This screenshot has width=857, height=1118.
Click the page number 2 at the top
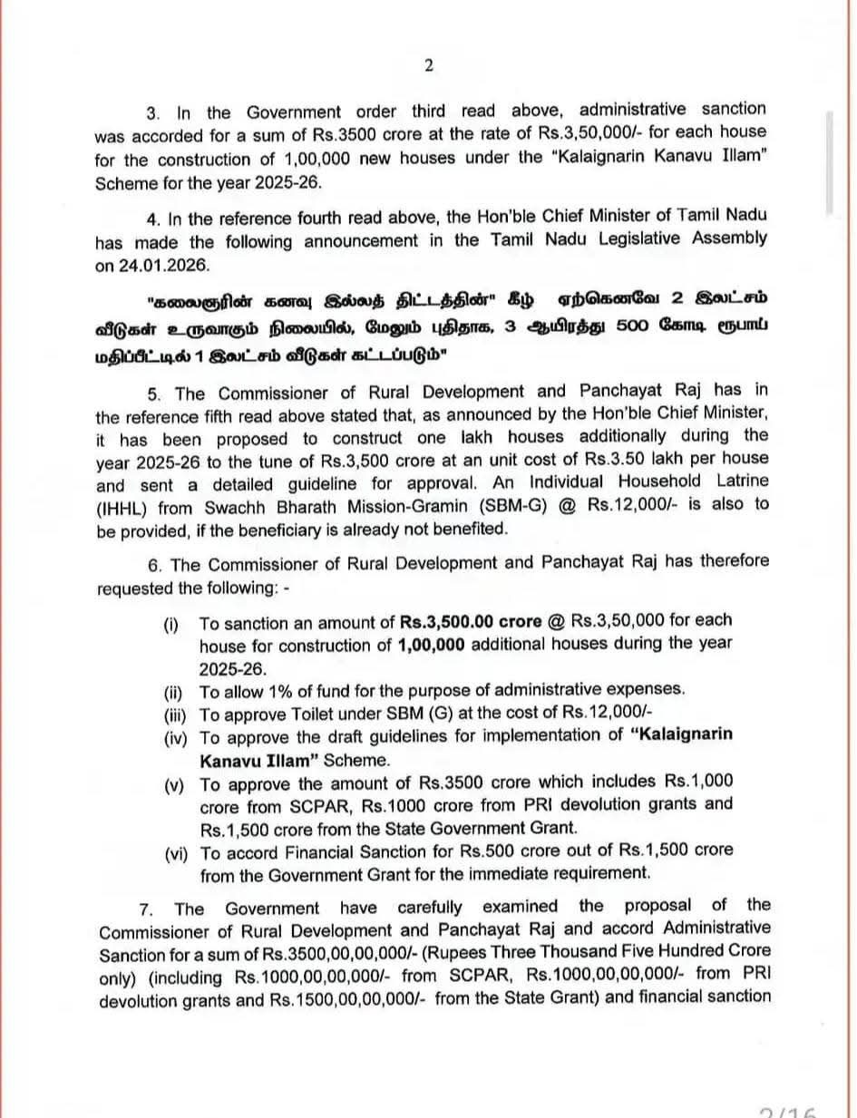pyautogui.click(x=429, y=64)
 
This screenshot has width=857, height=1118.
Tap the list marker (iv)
pyautogui.click(x=176, y=736)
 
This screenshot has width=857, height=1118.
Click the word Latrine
pyautogui.click(x=734, y=481)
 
